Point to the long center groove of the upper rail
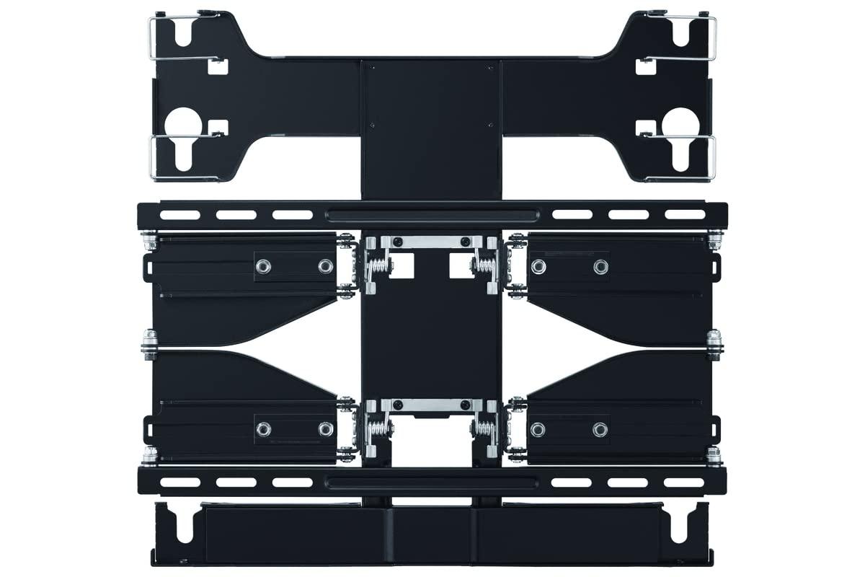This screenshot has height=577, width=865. coord(432,214)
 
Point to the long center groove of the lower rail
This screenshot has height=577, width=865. coord(432,481)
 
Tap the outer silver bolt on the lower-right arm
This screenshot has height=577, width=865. coord(600,429)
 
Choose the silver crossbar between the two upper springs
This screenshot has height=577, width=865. coord(430,241)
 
